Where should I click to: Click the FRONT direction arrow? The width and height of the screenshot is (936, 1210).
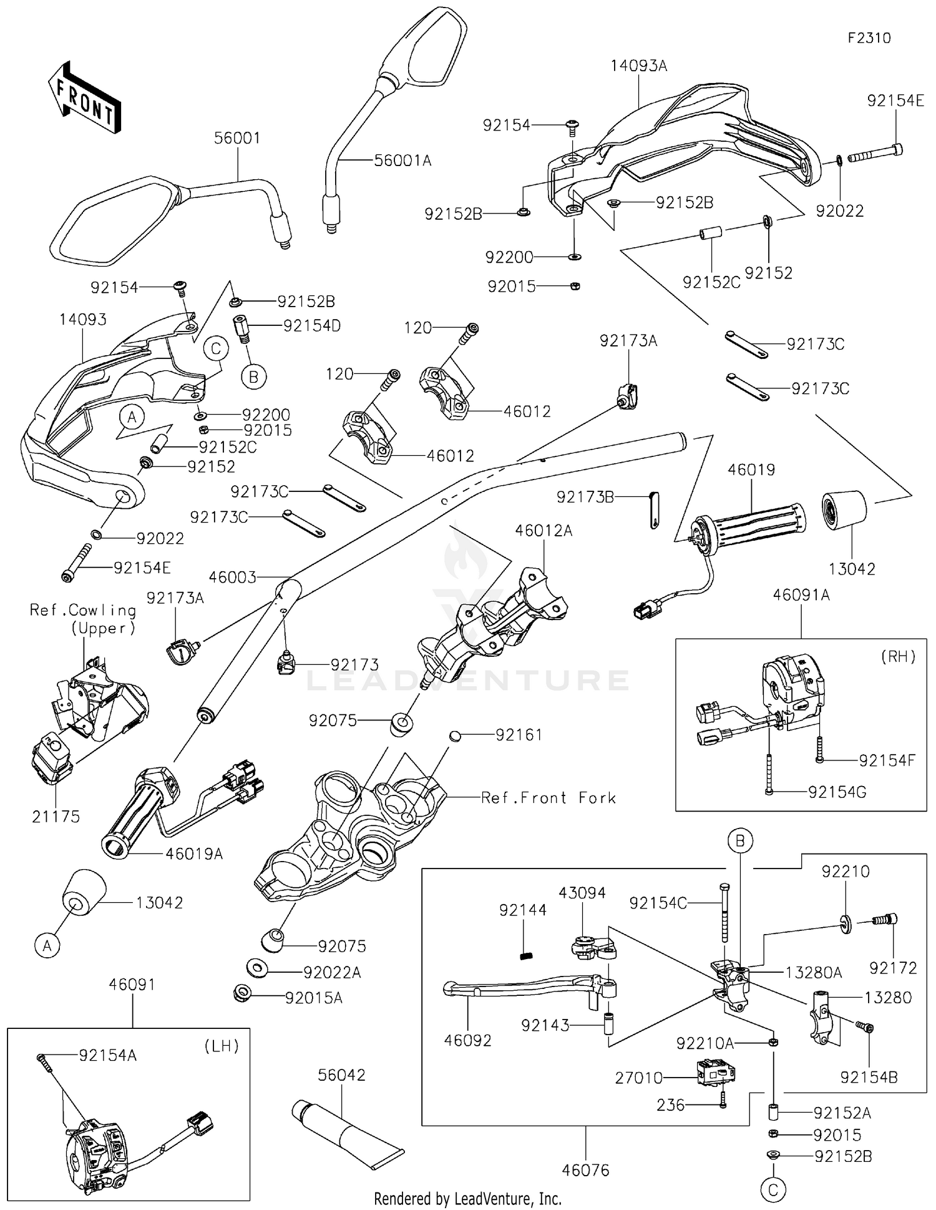tap(85, 99)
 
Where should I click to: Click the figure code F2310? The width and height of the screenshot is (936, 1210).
tap(869, 38)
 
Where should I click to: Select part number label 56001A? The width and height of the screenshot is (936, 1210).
tap(402, 160)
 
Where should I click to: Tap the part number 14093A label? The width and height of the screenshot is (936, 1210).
tap(638, 66)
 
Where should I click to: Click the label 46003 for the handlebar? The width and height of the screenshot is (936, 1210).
tap(232, 578)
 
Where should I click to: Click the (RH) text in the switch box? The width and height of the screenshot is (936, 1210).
tap(898, 656)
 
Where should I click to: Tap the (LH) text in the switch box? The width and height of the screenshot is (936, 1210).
tap(222, 1046)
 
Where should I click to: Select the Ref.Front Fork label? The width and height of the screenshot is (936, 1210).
tap(548, 798)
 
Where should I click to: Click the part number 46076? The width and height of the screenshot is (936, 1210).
tap(585, 1170)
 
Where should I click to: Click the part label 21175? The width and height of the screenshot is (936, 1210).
tap(56, 817)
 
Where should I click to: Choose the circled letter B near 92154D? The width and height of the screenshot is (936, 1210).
tap(253, 376)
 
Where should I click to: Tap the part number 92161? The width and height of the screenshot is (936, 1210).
tap(519, 735)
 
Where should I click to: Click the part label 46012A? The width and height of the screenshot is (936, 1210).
tap(544, 531)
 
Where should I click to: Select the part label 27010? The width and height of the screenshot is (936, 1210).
tap(638, 1078)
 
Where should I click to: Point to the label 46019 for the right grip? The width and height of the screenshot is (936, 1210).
tap(751, 470)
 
